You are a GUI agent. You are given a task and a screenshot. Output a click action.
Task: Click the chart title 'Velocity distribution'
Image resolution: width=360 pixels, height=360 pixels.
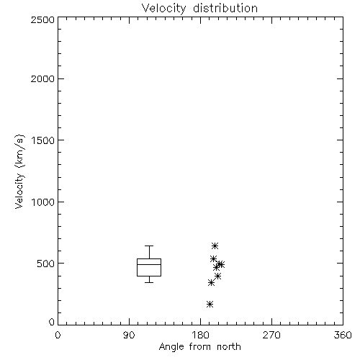tap(199, 9)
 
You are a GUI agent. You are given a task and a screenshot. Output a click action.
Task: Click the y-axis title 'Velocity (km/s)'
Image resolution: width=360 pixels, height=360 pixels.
tap(19, 171)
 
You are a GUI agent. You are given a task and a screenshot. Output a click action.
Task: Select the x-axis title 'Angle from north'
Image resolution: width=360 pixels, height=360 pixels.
tap(199, 347)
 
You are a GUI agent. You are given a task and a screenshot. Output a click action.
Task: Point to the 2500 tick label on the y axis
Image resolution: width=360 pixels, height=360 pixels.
tap(42, 19)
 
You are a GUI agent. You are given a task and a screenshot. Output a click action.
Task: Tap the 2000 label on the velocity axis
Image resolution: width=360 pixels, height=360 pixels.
tap(42, 78)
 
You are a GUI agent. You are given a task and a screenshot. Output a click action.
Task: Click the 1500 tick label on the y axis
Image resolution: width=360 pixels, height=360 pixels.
tap(43, 140)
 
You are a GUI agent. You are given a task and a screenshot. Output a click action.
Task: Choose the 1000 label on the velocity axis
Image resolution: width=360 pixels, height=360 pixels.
tap(43, 202)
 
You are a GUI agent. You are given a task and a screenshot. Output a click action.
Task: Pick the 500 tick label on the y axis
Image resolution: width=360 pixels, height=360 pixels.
tap(46, 264)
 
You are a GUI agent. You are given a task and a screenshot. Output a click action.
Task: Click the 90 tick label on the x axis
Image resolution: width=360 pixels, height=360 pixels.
tap(129, 335)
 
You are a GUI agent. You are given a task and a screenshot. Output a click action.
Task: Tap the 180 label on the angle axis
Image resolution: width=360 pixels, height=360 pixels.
tap(200, 335)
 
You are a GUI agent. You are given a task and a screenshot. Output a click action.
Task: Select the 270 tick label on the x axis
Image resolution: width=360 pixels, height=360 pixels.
tap(271, 335)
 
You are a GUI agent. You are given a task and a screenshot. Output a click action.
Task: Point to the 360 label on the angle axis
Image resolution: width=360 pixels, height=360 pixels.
tap(343, 335)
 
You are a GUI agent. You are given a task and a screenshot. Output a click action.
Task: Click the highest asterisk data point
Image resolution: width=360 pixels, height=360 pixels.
tap(215, 246)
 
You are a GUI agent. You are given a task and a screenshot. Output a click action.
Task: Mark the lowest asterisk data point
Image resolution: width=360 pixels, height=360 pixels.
tap(210, 305)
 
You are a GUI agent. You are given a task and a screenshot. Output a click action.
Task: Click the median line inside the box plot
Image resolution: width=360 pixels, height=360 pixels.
tap(149, 264)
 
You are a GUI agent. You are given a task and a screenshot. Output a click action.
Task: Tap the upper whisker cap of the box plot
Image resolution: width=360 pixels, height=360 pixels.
tap(149, 246)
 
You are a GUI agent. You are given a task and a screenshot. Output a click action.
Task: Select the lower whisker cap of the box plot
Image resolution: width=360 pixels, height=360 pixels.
tap(149, 282)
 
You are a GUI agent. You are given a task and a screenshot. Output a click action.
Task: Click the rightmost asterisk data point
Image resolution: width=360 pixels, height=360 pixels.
tap(221, 264)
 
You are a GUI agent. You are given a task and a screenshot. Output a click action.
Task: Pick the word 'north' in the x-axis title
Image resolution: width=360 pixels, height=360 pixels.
tap(229, 347)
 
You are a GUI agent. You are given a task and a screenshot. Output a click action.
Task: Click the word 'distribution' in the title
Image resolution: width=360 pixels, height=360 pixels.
tap(225, 8)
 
